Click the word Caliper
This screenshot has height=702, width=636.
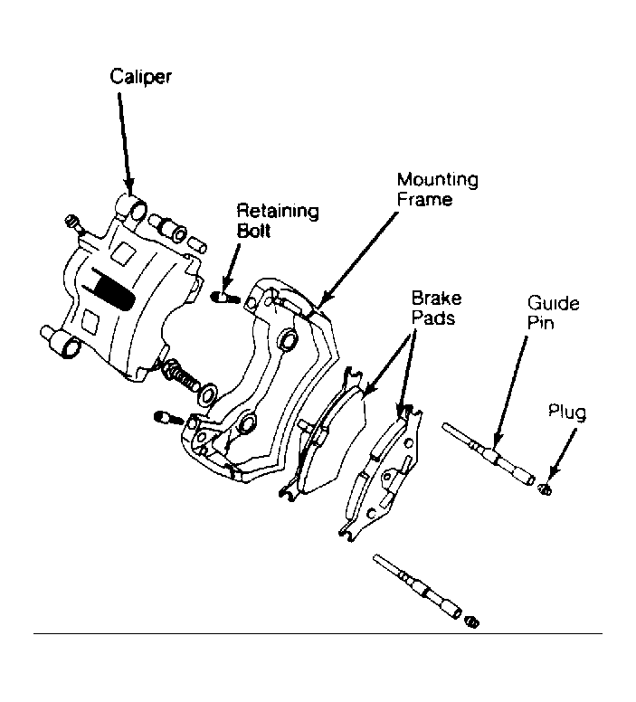pos(140,77)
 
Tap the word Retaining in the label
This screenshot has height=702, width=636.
pos(278,211)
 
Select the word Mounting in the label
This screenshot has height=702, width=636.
pos(438,180)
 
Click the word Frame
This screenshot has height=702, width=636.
pos(424,200)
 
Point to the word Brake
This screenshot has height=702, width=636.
pos(436,299)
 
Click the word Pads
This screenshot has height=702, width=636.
pos(433,318)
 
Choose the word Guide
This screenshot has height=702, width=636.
pos(553,304)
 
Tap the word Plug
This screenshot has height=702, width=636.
pos(567,412)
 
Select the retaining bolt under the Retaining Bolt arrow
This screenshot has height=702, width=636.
pos(225,297)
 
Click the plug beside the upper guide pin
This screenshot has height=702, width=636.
pos(546,489)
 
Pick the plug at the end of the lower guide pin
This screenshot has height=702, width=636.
pos(471,621)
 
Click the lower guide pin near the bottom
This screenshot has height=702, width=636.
pos(416,586)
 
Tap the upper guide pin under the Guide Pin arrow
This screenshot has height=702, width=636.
pos(489,453)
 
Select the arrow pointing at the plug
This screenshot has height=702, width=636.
pos(563,453)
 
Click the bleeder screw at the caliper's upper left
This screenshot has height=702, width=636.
pos(75,223)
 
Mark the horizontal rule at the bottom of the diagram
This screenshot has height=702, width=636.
pos(318,633)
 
